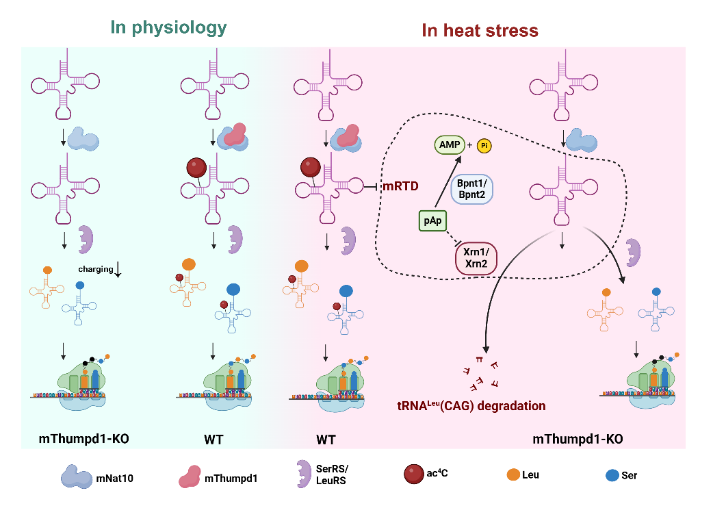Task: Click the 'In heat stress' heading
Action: [480, 31]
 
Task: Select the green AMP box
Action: [450, 144]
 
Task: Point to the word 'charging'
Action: [95, 269]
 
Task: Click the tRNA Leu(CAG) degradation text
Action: [471, 406]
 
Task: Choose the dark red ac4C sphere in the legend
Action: [415, 474]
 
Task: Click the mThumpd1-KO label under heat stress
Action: [578, 438]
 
